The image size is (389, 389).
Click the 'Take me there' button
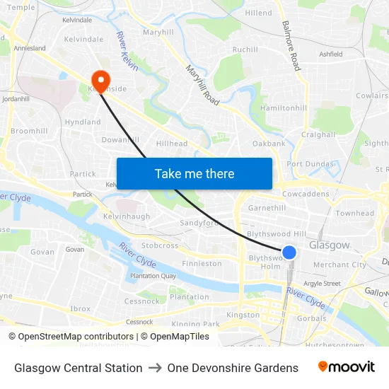(x=194, y=173)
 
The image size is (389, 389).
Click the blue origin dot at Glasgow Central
(x=289, y=252)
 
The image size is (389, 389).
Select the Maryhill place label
(x=158, y=33)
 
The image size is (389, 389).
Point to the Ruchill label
(x=245, y=50)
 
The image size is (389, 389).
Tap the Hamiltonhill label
(x=284, y=108)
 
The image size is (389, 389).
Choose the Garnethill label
(x=267, y=209)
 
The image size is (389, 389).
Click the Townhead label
(x=354, y=213)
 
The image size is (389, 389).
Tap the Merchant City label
(x=339, y=265)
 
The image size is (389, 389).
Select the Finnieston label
(x=202, y=264)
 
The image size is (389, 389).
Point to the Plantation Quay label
(x=152, y=276)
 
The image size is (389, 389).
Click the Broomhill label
(x=29, y=131)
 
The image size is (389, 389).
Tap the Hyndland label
(x=83, y=122)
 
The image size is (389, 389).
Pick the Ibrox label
(x=80, y=309)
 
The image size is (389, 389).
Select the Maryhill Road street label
(x=202, y=86)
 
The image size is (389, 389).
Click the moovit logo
(x=346, y=367)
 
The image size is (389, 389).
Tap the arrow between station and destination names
(x=155, y=368)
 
